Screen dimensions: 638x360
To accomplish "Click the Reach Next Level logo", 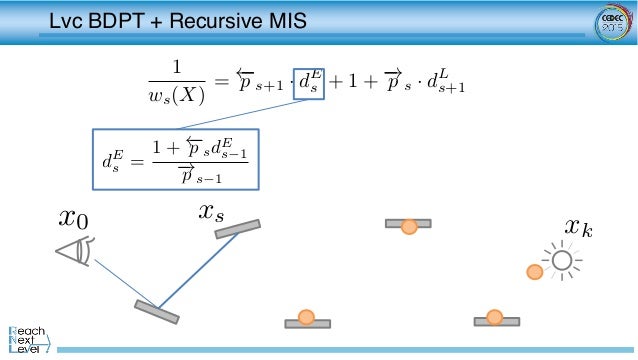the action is pyautogui.click(x=30, y=337).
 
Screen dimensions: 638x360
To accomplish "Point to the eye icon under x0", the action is pyautogui.click(x=75, y=251).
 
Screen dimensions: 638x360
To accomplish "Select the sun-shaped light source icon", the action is pyautogui.click(x=561, y=262).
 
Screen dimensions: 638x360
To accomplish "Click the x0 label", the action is pyautogui.click(x=73, y=217).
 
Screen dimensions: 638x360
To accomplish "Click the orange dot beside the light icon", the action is pyautogui.click(x=535, y=271).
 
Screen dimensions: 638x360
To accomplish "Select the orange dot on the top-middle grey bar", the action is pyautogui.click(x=408, y=227).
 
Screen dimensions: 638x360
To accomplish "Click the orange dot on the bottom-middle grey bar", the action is pyautogui.click(x=307, y=318).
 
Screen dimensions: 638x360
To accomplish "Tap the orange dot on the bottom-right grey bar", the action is pyautogui.click(x=494, y=317).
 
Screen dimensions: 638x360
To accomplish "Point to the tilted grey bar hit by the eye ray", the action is pyautogui.click(x=156, y=312).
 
